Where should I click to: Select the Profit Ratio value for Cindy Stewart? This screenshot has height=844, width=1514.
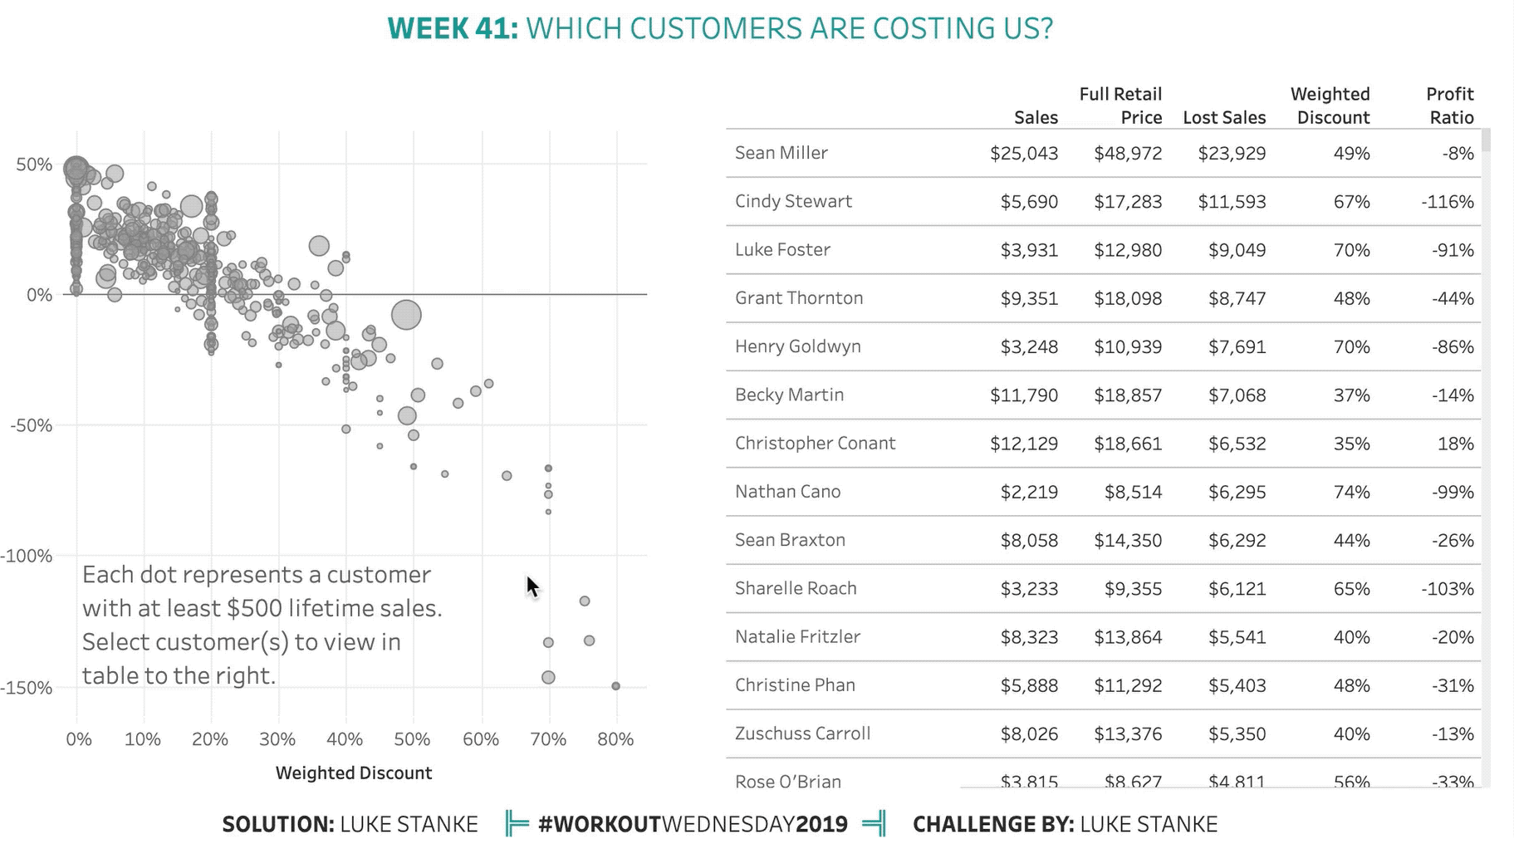(1447, 202)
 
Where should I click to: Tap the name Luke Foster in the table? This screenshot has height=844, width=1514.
(782, 250)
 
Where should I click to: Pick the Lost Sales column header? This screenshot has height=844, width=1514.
(1224, 118)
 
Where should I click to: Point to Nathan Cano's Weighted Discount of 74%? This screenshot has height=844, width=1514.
(1351, 492)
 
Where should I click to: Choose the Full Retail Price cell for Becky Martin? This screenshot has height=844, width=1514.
(1128, 395)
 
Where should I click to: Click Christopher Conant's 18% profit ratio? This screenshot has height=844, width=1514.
(1455, 444)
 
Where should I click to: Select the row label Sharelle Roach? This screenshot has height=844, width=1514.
(795, 588)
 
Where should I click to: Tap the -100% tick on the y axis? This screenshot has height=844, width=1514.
(27, 556)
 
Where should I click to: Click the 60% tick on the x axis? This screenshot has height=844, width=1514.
(480, 739)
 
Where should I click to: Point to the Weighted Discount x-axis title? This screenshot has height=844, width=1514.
(354, 773)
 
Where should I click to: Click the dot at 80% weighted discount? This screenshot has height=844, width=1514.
(615, 686)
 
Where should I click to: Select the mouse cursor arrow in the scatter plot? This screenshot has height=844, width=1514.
(532, 586)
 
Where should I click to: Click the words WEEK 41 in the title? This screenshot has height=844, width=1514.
(453, 28)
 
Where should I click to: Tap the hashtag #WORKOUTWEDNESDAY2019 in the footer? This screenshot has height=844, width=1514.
(693, 824)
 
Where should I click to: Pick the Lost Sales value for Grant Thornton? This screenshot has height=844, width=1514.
(1237, 298)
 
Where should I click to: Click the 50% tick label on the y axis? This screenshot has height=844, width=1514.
(34, 164)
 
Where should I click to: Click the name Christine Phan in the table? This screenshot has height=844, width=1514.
(795, 685)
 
